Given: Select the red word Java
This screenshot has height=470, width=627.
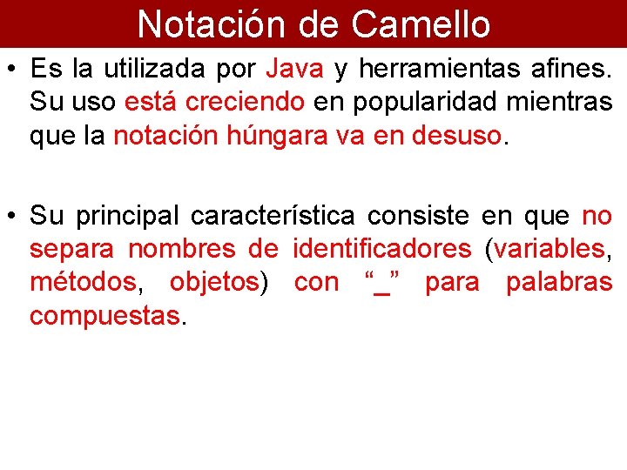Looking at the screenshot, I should click(x=295, y=67).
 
